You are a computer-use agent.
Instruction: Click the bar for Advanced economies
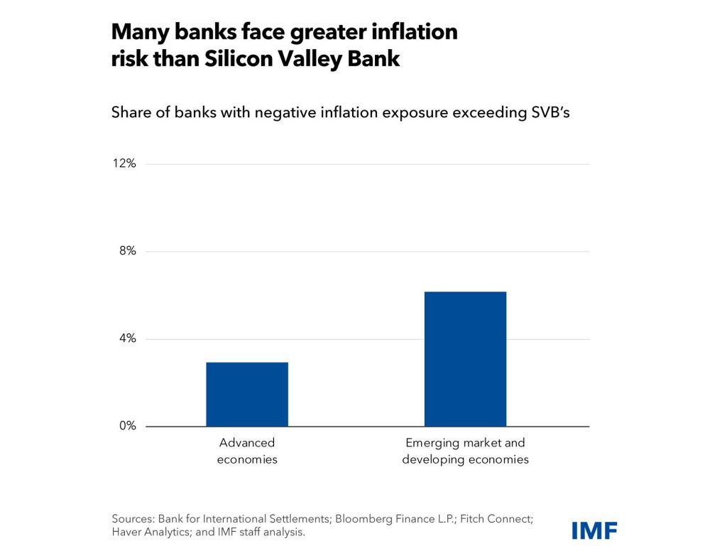[x=247, y=394]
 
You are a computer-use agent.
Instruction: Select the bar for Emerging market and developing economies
[x=465, y=359]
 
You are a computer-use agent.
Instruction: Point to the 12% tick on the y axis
[x=124, y=164]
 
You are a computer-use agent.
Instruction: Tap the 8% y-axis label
[x=127, y=252]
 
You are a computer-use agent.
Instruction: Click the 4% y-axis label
[x=127, y=339]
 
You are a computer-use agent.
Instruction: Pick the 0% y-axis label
[x=127, y=427]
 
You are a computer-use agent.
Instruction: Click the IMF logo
[x=594, y=530]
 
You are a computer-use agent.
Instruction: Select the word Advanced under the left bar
[x=247, y=443]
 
